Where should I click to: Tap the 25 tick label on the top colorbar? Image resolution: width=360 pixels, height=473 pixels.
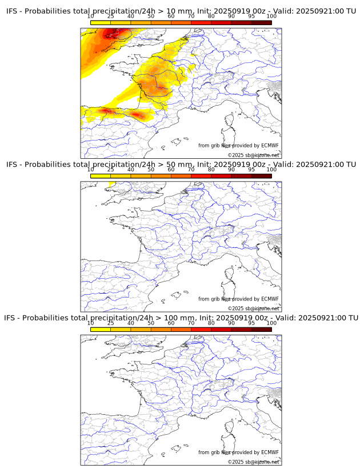pos(110,17)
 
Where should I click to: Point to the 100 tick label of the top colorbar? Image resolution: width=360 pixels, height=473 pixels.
pos(271,17)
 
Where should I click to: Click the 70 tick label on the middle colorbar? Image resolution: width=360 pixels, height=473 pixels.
pos(191,170)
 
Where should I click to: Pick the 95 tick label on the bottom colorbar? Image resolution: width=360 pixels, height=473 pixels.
pos(251,323)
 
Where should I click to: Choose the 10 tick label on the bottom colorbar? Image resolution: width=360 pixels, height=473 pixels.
pos(91,323)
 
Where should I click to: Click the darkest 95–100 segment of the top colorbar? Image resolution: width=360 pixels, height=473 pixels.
pos(261,22)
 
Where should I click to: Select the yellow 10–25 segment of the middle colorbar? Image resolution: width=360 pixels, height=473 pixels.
pos(101,176)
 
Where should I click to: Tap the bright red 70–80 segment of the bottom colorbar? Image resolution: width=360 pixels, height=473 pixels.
pos(201,329)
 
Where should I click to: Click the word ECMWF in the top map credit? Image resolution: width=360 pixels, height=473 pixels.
pos(270,146)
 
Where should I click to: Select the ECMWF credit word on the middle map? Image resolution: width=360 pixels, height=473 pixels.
pos(270,299)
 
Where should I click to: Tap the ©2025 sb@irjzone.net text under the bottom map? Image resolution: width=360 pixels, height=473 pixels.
pos(253,462)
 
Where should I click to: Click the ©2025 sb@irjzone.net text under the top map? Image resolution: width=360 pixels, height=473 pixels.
pos(253,155)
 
